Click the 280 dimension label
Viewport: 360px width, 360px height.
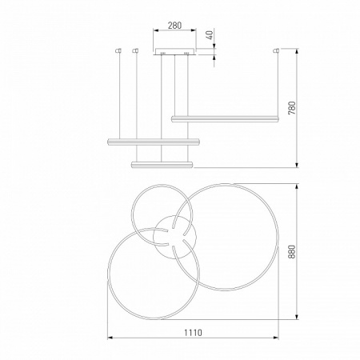coord(174,26)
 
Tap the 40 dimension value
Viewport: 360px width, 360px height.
coord(210,35)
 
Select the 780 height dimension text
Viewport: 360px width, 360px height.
coord(292,108)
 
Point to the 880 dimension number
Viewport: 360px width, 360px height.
coord(292,252)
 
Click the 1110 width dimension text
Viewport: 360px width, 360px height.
coord(193,333)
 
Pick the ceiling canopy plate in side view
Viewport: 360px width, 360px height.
coord(174,51)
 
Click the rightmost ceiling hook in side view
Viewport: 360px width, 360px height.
coord(278,50)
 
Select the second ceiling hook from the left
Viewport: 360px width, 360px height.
coord(136,50)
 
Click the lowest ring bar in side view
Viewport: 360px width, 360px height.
coord(162,165)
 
